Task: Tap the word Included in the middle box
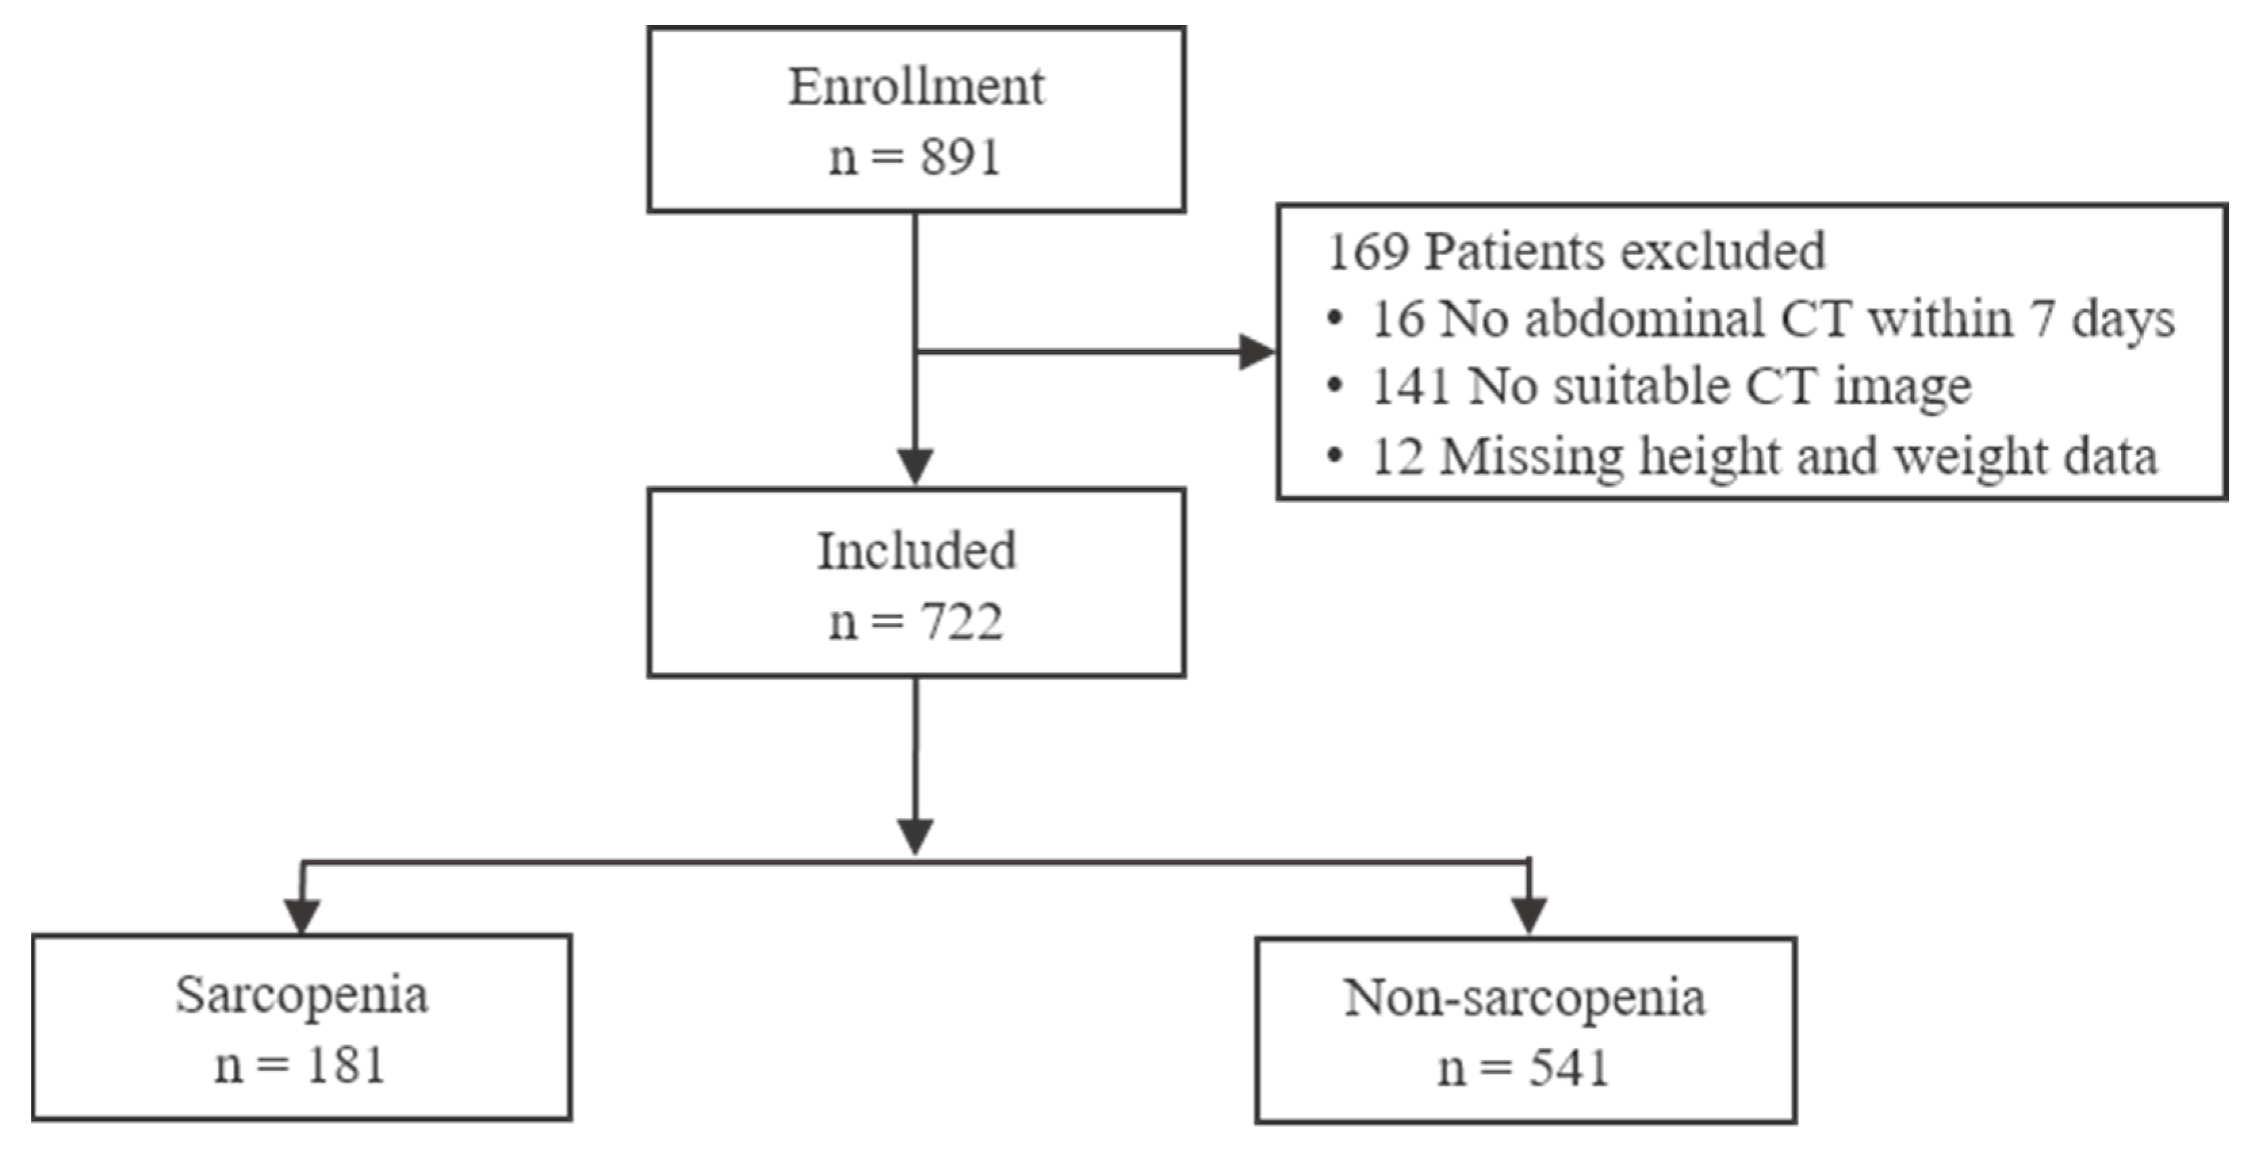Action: point(917,551)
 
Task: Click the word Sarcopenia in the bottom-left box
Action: point(302,996)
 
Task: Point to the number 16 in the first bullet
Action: point(1397,319)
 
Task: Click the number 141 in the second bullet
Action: point(1410,386)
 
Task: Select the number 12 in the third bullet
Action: point(1397,457)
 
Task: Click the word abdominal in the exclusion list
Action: point(1643,319)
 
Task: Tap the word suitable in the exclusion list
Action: point(1640,386)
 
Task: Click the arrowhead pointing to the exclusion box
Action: point(1256,353)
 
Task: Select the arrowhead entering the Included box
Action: point(915,465)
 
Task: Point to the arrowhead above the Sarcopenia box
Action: point(302,916)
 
